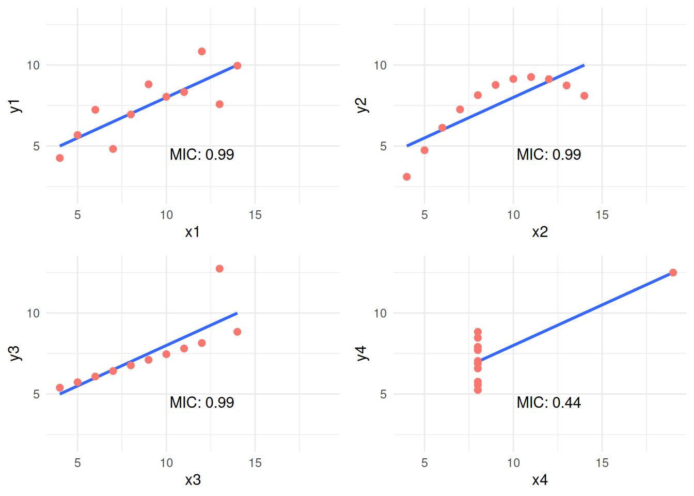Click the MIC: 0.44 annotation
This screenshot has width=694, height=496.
[548, 402]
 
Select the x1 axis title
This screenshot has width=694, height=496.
[193, 232]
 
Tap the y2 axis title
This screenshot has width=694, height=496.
[362, 105]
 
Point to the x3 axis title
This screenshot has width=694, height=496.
[193, 480]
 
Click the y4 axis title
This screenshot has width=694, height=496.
[362, 353]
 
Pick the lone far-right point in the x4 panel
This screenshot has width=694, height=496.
[673, 272]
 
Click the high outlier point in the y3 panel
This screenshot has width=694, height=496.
[219, 269]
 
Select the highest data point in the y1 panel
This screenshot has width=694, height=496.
[202, 52]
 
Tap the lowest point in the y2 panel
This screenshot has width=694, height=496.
[407, 177]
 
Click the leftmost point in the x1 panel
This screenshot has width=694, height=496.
[60, 158]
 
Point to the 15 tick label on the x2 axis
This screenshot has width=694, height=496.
[602, 215]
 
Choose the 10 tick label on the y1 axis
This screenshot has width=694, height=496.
[33, 65]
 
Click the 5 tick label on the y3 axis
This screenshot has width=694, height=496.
[36, 394]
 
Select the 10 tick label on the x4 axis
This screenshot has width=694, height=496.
[513, 463]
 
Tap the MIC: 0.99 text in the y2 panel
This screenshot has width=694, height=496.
[548, 154]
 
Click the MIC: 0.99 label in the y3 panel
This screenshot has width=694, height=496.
[202, 402]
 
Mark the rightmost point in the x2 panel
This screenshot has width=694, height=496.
[585, 96]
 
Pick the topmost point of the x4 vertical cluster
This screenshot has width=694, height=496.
[478, 332]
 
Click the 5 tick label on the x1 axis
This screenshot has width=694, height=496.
[77, 215]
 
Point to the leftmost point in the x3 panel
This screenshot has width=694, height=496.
[60, 388]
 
